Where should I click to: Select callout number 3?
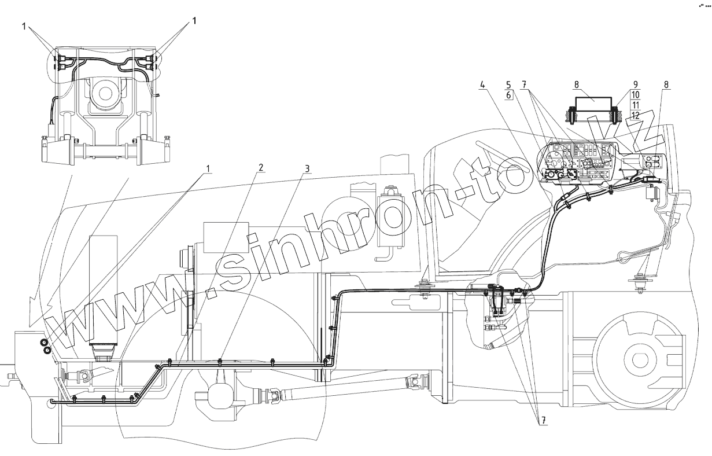point(308,168)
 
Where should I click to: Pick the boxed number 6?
point(508,95)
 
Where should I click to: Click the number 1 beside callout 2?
point(208,168)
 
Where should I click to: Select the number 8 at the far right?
point(666,84)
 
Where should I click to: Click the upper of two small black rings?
point(44,343)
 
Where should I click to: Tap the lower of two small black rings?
point(47,351)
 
